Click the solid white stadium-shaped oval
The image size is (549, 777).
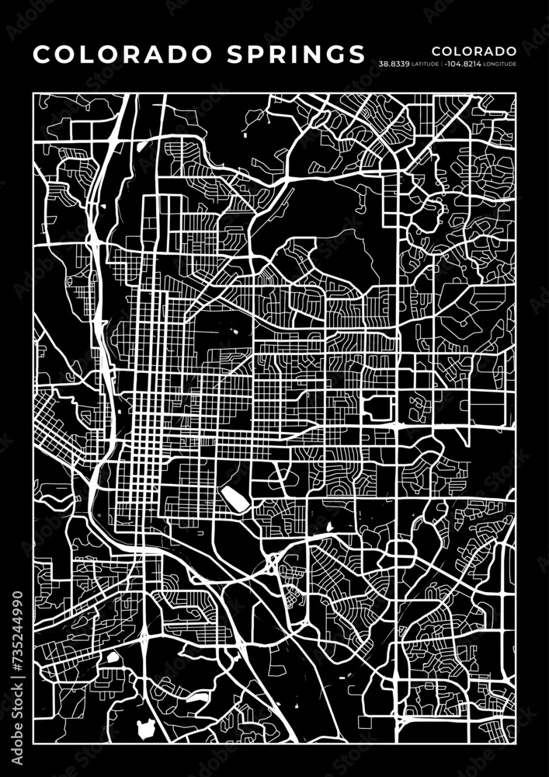235,499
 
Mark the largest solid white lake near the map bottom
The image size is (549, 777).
145,729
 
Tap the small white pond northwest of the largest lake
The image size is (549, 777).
113,657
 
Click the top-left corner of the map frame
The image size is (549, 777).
33,92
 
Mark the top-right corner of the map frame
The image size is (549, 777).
516,92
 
